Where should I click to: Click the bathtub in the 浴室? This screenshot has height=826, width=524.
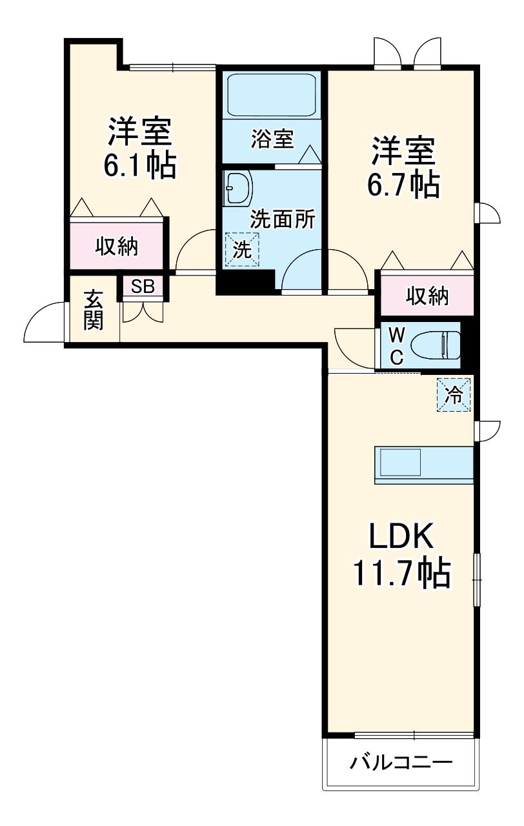(272, 96)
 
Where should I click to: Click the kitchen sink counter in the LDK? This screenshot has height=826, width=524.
(424, 465)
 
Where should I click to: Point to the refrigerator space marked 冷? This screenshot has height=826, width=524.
(454, 395)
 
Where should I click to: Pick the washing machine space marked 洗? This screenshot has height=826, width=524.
(242, 249)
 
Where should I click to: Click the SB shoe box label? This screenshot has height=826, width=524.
(143, 286)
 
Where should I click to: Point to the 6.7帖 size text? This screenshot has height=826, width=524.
(403, 185)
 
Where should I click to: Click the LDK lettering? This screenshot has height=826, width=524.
(401, 536)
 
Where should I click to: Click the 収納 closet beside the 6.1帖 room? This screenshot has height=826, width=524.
(117, 246)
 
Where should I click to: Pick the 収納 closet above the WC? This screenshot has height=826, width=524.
(427, 296)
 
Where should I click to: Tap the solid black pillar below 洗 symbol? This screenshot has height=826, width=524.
(246, 282)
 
